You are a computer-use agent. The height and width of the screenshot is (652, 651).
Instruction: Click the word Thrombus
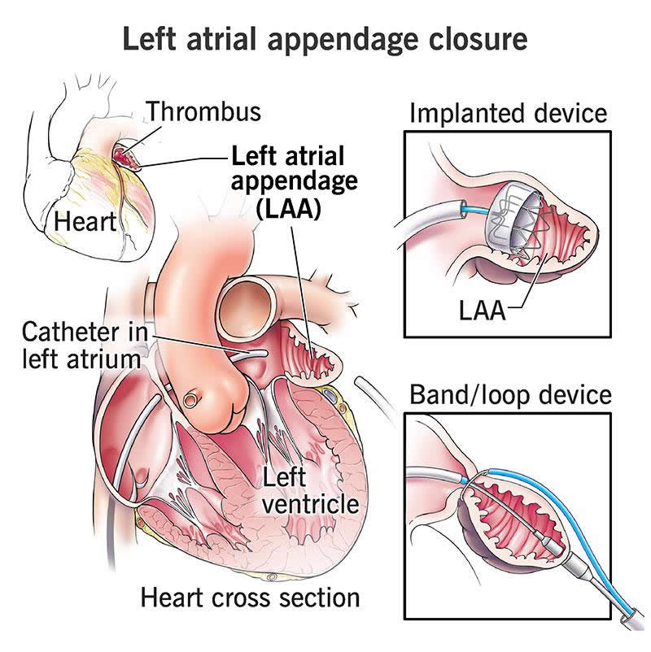point(204,111)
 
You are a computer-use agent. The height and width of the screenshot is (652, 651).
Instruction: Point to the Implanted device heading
point(509,113)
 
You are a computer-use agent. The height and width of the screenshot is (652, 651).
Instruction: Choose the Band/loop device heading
point(509,395)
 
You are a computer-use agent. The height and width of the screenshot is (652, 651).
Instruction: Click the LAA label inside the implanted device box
point(480,311)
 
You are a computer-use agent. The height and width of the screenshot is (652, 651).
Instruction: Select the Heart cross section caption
point(250,598)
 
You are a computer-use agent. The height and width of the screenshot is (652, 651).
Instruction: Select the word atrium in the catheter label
point(106,358)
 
